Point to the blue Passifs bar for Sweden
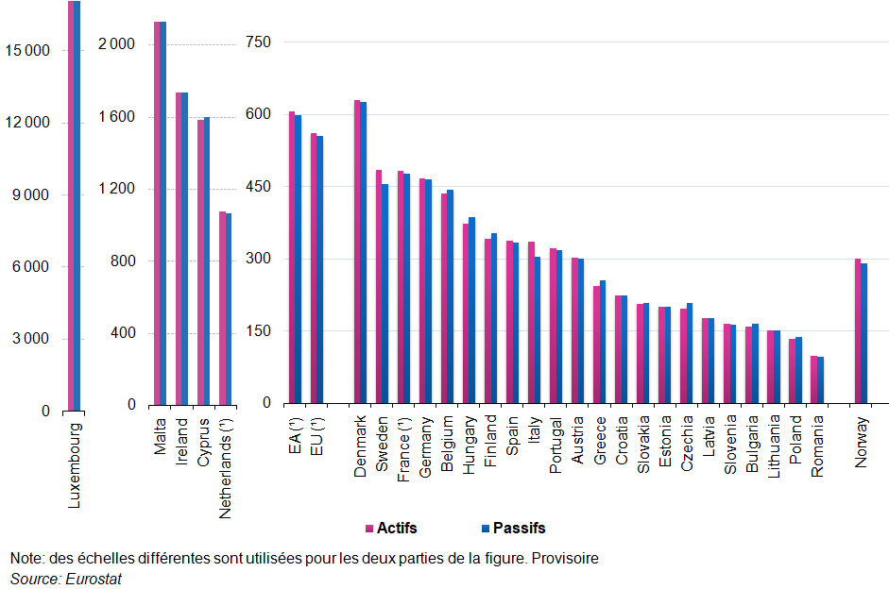click(x=385, y=294)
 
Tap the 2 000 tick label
click(x=117, y=44)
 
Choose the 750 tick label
click(x=258, y=42)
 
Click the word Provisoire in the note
click(x=565, y=559)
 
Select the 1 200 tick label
click(x=117, y=189)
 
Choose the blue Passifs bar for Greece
click(x=603, y=342)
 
